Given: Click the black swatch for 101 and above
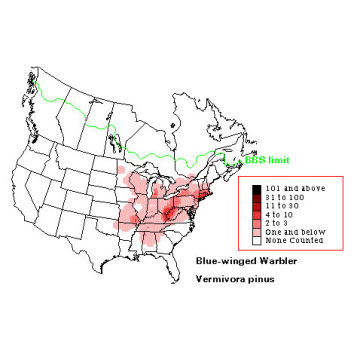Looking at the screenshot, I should (257, 188).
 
